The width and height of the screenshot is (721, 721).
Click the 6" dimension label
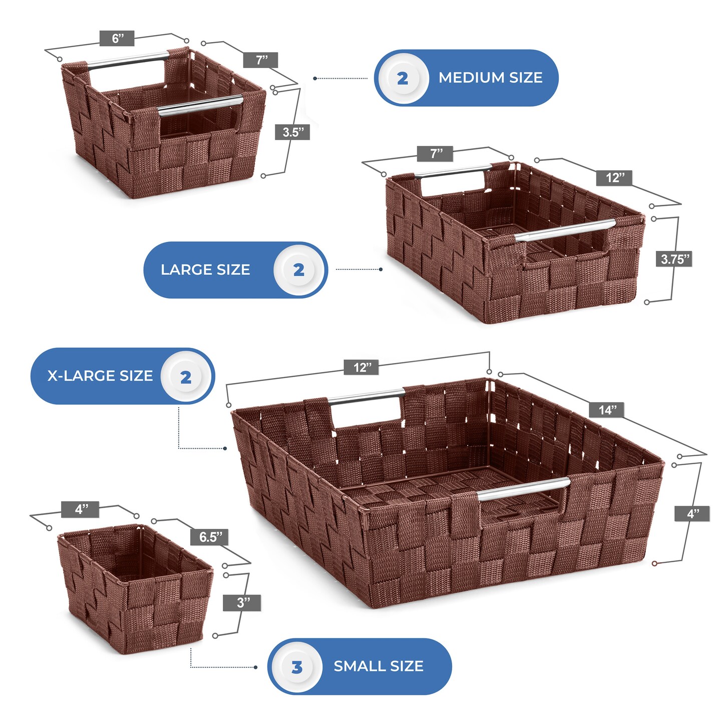[x=117, y=39]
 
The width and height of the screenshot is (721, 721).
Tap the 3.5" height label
[x=292, y=132]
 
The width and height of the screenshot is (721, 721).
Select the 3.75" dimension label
[x=674, y=259]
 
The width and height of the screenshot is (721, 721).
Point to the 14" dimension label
[x=606, y=410]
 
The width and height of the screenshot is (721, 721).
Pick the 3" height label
[x=242, y=603]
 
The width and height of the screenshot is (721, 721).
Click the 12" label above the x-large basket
[x=362, y=367]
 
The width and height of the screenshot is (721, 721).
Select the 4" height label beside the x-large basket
[x=692, y=513]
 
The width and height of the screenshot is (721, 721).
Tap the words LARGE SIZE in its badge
[x=205, y=270]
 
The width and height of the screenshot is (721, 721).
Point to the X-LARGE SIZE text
[x=100, y=376]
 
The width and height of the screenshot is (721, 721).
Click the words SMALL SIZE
[x=379, y=666]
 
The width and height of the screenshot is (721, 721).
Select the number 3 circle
[x=297, y=666]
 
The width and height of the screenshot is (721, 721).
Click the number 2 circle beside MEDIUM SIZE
[x=403, y=78]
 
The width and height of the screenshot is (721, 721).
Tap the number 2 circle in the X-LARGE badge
[x=186, y=377]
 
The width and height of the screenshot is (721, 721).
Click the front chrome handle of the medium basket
[x=200, y=105]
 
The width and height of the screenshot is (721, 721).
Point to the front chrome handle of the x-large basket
[x=524, y=489]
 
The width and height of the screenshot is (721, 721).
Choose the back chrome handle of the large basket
[x=453, y=171]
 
